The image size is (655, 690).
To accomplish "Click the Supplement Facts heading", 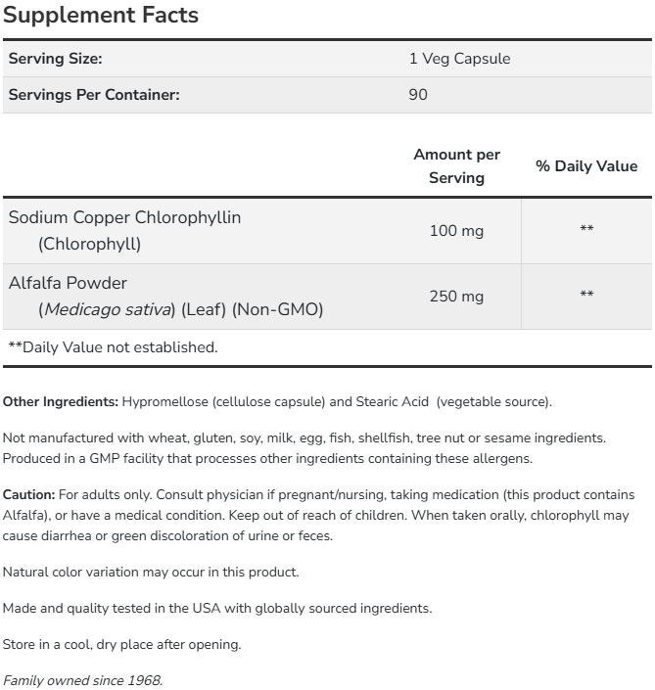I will pos(100,16).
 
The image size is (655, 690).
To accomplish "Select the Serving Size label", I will pos(55,59).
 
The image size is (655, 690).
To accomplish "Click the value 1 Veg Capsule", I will pos(459,59).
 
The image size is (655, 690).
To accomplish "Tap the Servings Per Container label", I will pos(94,95).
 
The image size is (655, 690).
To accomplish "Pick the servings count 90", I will pos(418,95).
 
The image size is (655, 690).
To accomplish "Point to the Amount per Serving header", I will pos(456,166).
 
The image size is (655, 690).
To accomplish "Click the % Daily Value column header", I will pos(585,166).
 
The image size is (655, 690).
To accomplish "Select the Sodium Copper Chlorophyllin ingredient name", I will pos(124,217).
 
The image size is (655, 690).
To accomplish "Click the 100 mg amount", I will pos(456,231).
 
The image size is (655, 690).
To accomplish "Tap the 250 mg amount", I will pos(456,296).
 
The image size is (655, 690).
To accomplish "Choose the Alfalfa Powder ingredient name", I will pos(68,283).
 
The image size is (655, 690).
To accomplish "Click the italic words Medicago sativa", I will pos(106,310).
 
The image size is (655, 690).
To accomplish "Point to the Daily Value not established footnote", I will pos(113,346).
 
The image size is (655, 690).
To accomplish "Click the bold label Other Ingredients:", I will pos(61,401).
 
